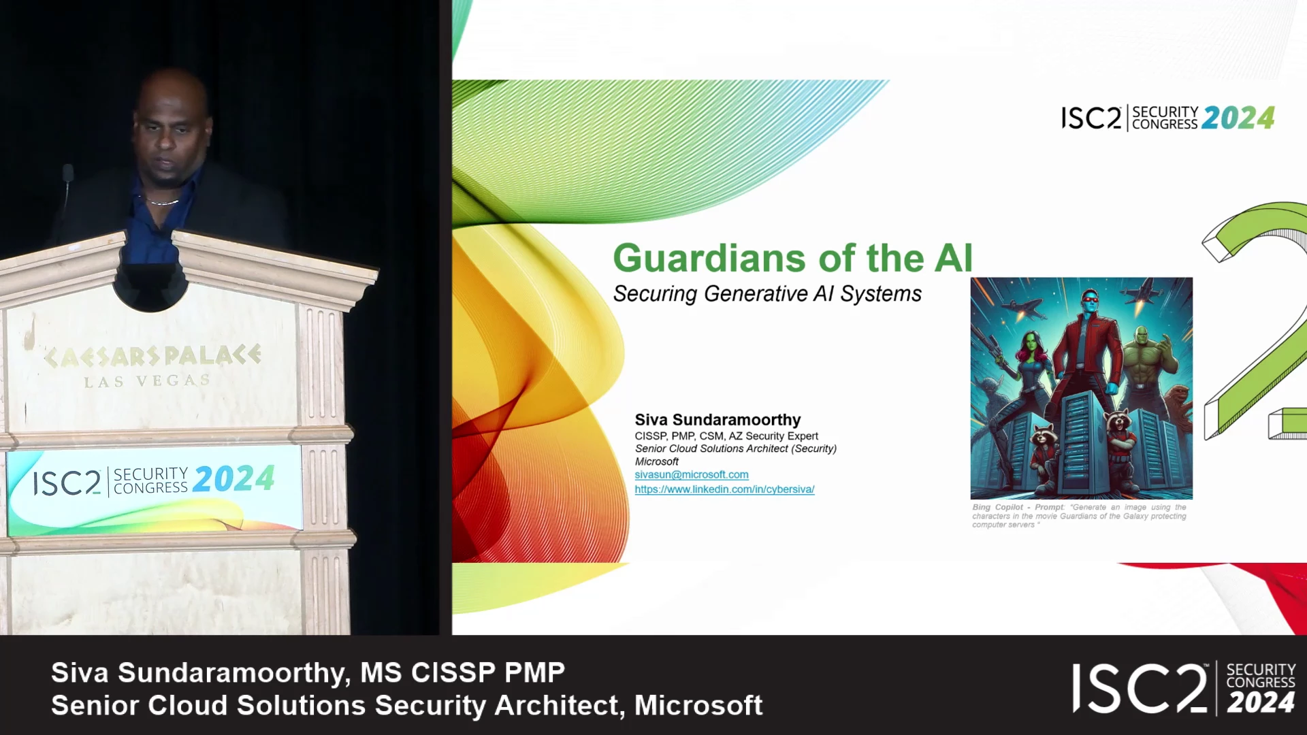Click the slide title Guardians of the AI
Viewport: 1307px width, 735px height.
pyautogui.click(x=793, y=258)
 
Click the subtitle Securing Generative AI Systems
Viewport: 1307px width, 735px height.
pyautogui.click(x=767, y=294)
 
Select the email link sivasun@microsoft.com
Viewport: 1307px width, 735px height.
pyautogui.click(x=692, y=474)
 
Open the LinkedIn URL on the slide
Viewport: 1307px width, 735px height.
pyautogui.click(x=724, y=489)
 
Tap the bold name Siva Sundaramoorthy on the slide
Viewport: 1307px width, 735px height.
pyautogui.click(x=717, y=420)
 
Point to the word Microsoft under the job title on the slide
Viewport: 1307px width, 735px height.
pyautogui.click(x=657, y=461)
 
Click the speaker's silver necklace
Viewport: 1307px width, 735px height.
pyautogui.click(x=163, y=201)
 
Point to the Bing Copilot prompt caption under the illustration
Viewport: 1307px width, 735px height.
pyautogui.click(x=1079, y=516)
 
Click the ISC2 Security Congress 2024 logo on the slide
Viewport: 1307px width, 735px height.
pyautogui.click(x=1168, y=118)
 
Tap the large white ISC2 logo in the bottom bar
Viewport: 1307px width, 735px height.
pyautogui.click(x=1184, y=689)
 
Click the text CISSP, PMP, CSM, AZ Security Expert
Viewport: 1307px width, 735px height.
pyautogui.click(x=726, y=436)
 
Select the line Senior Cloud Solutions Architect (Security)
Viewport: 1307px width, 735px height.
pyautogui.click(x=736, y=449)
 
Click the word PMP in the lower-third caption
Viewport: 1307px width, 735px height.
pyautogui.click(x=534, y=673)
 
